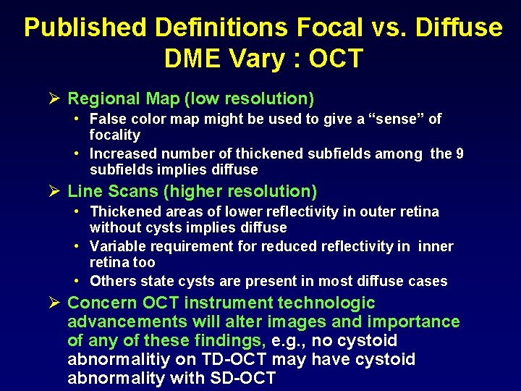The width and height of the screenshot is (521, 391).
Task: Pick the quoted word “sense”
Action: tap(376, 119)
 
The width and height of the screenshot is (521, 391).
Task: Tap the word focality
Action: tap(114, 135)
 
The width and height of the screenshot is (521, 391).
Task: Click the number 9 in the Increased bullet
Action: tap(459, 154)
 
